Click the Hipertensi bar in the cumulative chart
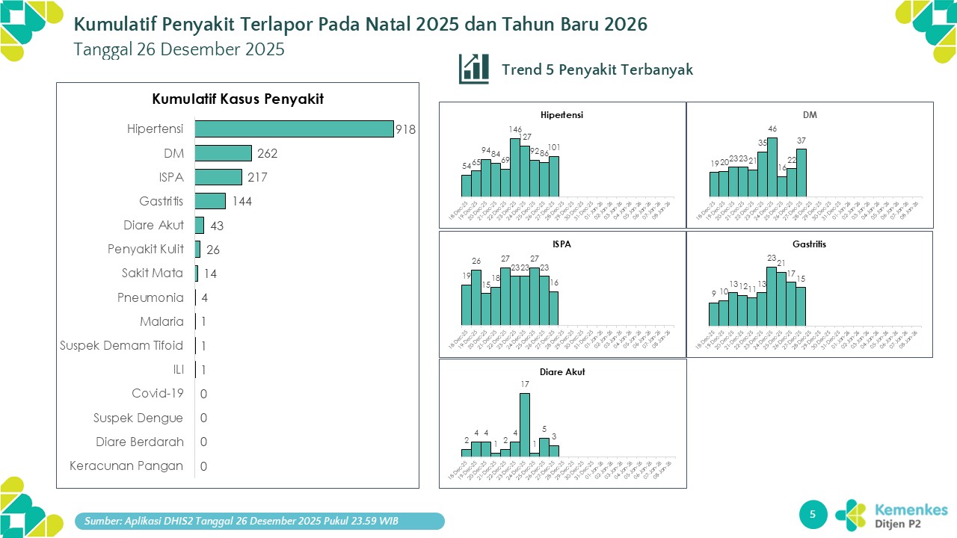(294, 129)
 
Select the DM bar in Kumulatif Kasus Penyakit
(223, 153)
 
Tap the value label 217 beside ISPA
(257, 178)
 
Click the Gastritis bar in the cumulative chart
(210, 201)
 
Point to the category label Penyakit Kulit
(146, 250)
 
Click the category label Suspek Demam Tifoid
(122, 345)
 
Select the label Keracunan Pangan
(126, 466)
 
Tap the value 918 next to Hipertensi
(405, 130)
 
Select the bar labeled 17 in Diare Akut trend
(525, 424)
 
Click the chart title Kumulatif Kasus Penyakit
(238, 99)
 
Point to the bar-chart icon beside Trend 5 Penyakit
(474, 69)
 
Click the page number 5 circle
(813, 514)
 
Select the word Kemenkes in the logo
(911, 509)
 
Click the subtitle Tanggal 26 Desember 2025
(179, 49)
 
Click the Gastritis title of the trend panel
(810, 244)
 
